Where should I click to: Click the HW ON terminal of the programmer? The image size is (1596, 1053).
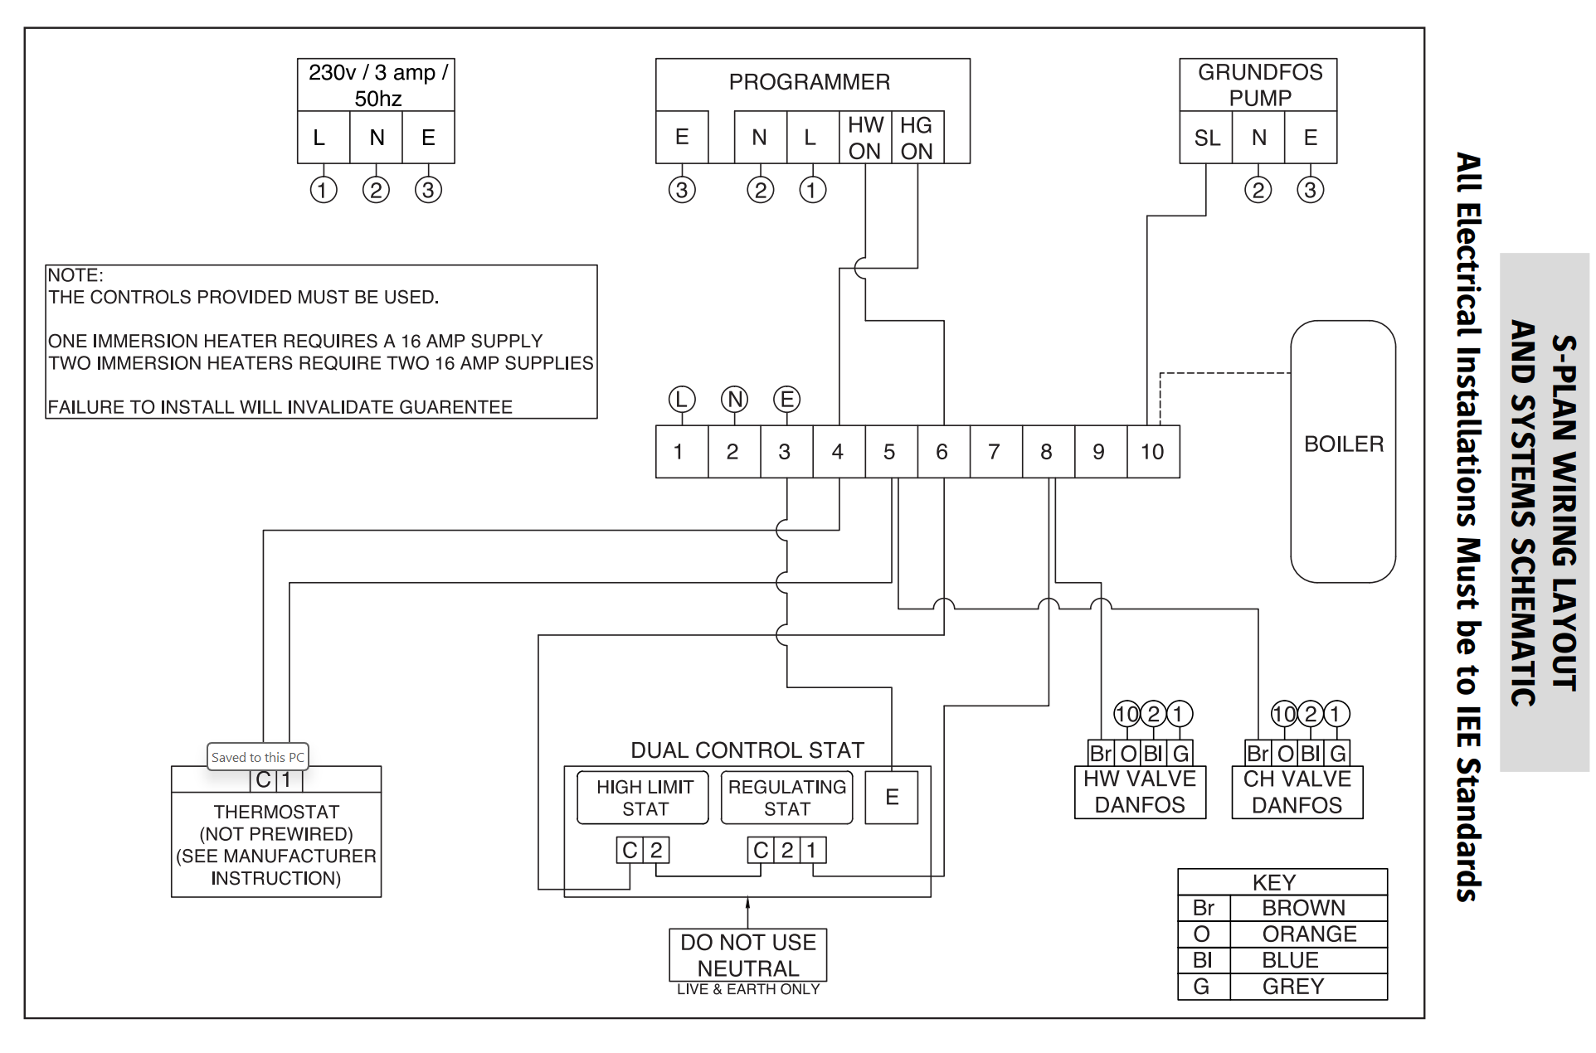coord(865,138)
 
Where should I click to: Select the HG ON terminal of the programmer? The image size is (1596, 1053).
coord(917,138)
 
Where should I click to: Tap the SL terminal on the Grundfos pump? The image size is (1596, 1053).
coord(1206,138)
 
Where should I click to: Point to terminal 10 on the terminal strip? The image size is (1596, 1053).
coord(1153,452)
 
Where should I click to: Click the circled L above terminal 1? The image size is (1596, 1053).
coord(682,400)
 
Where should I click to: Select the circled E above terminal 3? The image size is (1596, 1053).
coord(786,400)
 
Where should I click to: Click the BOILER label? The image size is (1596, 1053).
coord(1344,444)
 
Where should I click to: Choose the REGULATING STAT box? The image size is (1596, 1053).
coord(787,798)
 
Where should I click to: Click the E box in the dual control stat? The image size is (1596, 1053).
coord(892,798)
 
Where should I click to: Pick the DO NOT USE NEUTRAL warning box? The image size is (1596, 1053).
coord(748,955)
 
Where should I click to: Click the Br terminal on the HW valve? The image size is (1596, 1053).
coord(1101,753)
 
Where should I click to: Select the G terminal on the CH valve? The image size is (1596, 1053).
coord(1338,753)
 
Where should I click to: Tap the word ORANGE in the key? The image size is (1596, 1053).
coord(1309,934)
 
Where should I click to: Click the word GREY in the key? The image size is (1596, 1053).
coord(1293,987)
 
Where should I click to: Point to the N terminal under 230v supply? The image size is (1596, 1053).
coord(377,138)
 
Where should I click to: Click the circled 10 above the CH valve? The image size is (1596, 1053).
coord(1284,714)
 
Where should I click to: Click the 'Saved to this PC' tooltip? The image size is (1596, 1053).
coord(258,757)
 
